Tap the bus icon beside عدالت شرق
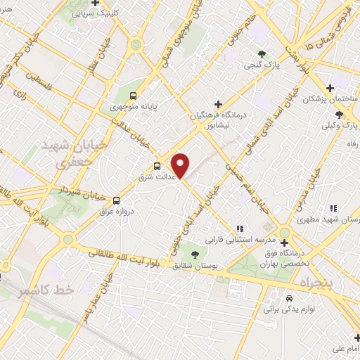pyautogui.click(x=157, y=167)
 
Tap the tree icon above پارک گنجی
pyautogui.click(x=262, y=53)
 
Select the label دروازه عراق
pyautogui.click(x=115, y=210)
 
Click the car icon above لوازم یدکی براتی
pyautogui.click(x=288, y=297)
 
